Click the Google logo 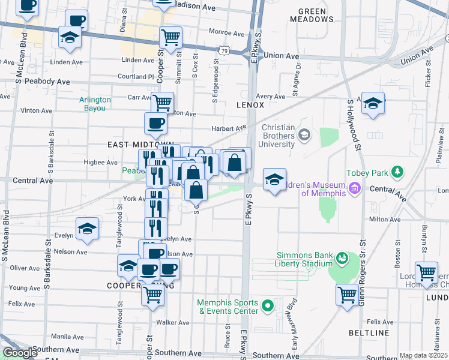point(19,353)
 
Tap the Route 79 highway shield point(223,52)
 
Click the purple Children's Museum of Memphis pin point(354,190)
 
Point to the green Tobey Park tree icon point(396,173)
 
